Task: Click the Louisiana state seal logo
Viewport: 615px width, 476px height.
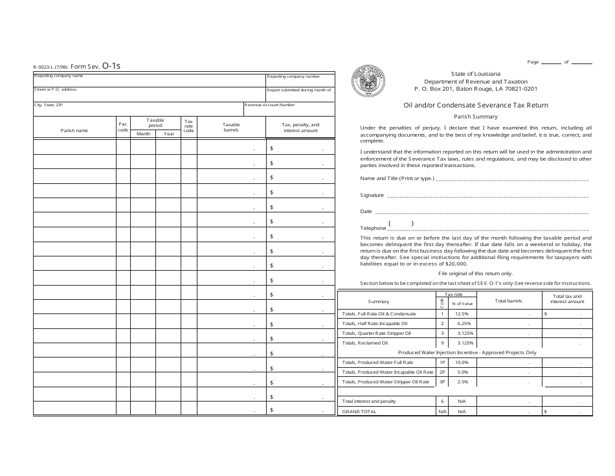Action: click(370, 82)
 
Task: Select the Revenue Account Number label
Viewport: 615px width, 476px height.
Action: click(270, 104)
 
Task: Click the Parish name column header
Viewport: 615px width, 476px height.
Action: click(74, 130)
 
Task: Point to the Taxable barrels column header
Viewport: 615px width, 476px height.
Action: click(231, 127)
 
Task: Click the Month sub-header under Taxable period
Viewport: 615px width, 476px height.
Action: click(142, 133)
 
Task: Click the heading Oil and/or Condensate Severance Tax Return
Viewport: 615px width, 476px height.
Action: click(476, 105)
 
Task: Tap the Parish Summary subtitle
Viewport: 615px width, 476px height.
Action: click(476, 117)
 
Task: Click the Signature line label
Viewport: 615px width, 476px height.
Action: click(372, 194)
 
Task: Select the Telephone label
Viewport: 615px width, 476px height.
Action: click(373, 228)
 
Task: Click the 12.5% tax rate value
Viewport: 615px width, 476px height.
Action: click(462, 313)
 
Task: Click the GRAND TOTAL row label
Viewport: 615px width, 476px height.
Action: click(359, 411)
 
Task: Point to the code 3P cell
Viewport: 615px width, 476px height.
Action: click(442, 382)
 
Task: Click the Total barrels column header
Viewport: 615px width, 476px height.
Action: click(508, 301)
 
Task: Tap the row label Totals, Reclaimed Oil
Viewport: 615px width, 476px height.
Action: click(364, 343)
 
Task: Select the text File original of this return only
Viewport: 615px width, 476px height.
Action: click(475, 274)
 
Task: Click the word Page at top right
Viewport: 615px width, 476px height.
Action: click(533, 62)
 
